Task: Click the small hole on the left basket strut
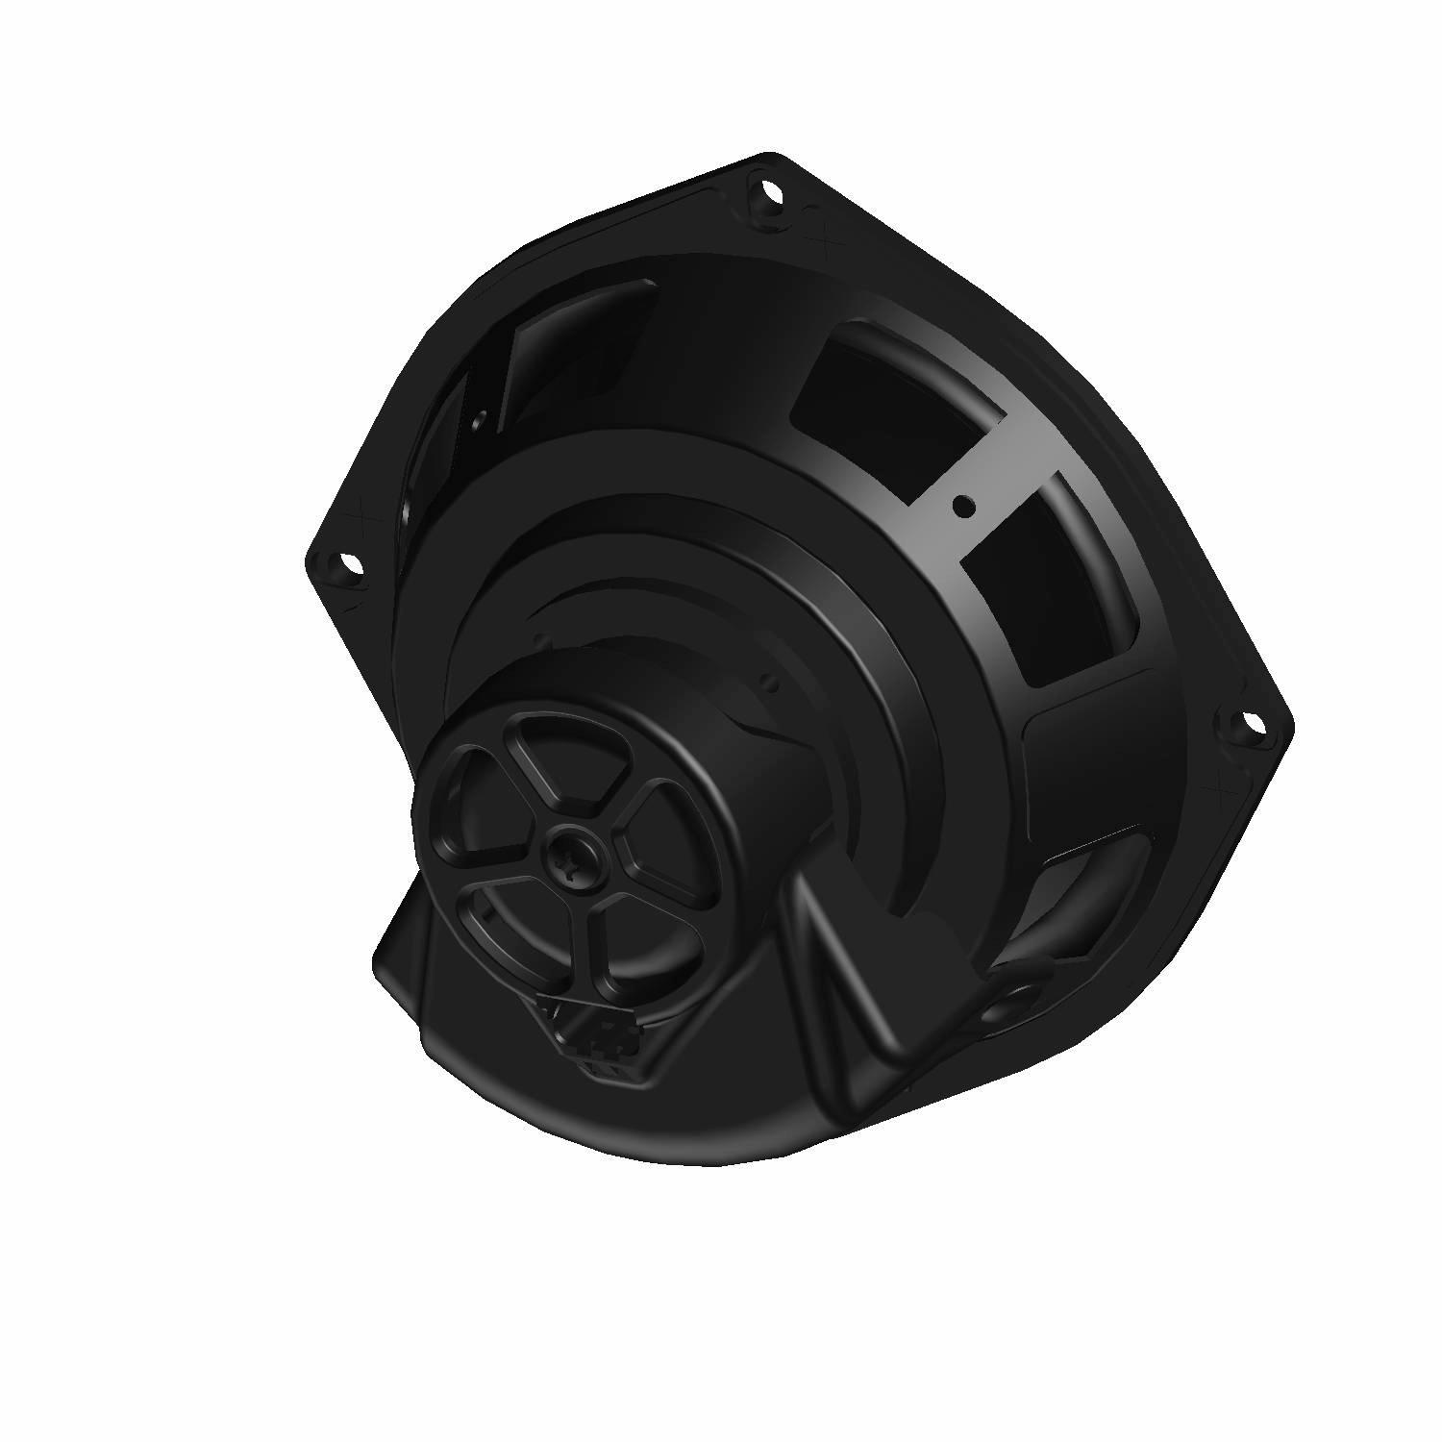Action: (479, 419)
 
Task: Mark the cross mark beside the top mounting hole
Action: (819, 231)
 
